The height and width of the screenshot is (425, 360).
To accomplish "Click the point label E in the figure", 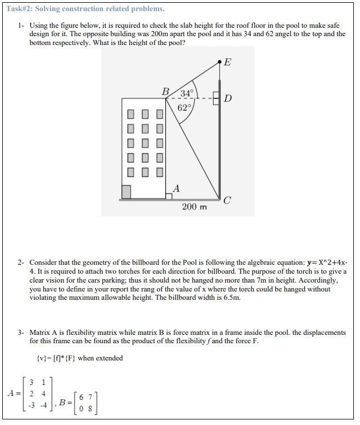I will tap(227, 62).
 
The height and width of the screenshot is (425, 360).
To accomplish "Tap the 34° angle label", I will tap(186, 93).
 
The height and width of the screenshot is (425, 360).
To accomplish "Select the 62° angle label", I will tap(184, 107).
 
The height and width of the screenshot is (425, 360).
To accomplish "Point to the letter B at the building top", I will tap(166, 91).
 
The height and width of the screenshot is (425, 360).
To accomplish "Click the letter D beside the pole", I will tap(228, 99).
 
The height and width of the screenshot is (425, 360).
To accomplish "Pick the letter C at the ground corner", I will tap(227, 201).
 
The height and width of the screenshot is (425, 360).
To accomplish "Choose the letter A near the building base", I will tap(176, 188).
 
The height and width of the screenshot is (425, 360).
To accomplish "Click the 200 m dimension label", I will tap(194, 207).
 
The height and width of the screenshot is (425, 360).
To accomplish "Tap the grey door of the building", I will tap(126, 192).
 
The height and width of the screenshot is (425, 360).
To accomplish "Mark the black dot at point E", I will tap(220, 62).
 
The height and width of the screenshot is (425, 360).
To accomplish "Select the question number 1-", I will tap(21, 26).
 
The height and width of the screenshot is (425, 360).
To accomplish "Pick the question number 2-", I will tap(21, 262).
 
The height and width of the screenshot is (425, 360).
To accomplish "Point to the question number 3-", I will tap(21, 333).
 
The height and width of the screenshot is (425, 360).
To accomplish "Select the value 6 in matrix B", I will tap(82, 397).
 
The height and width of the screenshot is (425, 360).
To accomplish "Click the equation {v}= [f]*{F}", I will tap(56, 358).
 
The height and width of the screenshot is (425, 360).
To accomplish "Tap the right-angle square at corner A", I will tap(169, 195).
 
